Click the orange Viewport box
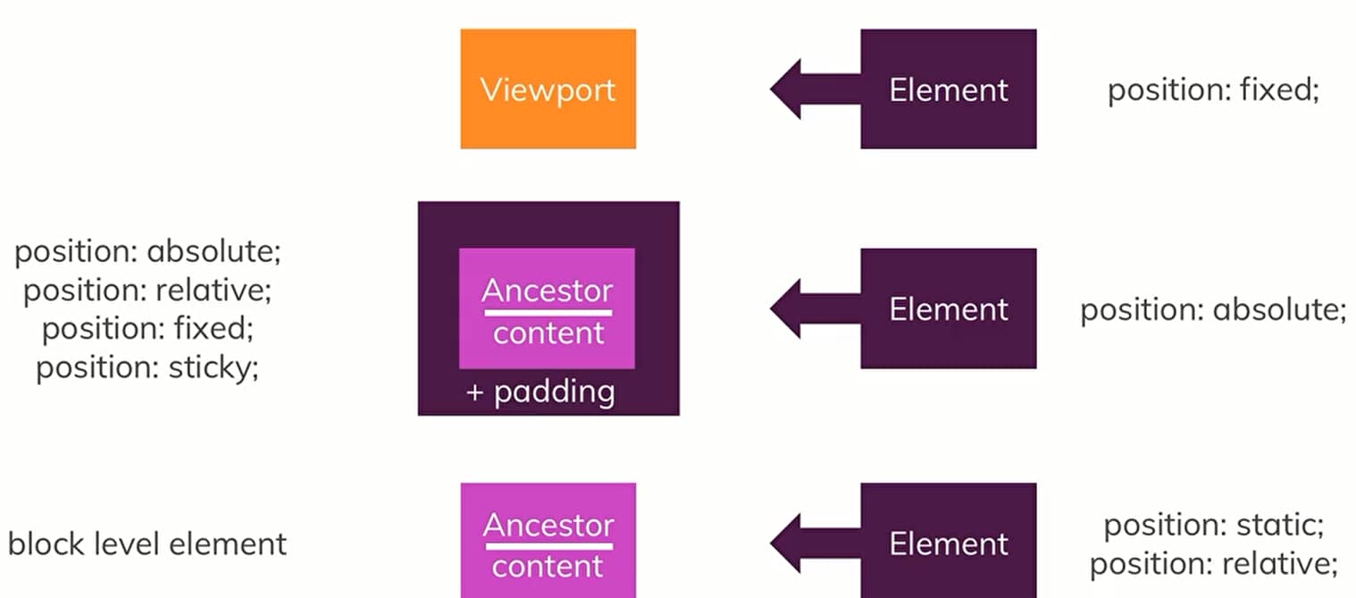pos(548,88)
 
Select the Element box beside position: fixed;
pos(948,88)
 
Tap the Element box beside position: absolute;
pos(948,308)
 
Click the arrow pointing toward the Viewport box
pos(813,88)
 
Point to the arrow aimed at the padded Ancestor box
pos(813,308)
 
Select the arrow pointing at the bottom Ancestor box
pos(813,543)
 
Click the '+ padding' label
pos(540,392)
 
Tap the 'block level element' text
pos(147,543)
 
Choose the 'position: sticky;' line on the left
pos(147,367)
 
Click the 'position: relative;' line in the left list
pos(147,291)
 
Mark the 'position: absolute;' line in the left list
pos(147,252)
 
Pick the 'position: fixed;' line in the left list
pos(147,329)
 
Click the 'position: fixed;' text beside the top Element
pos(1213,89)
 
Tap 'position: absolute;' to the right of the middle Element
pos(1213,309)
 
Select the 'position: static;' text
pos(1213,525)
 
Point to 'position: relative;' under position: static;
pos(1213,564)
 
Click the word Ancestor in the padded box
pos(548,291)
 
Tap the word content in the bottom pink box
pos(548,567)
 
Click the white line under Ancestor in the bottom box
pos(548,544)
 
